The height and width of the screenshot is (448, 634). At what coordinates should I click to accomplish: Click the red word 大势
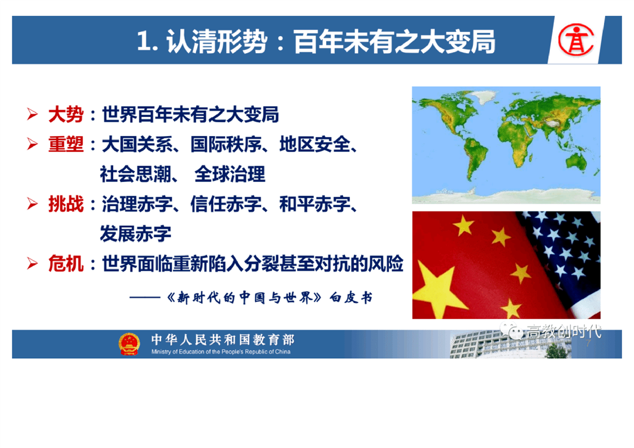click(x=66, y=115)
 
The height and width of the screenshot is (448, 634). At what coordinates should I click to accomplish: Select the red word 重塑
click(x=66, y=145)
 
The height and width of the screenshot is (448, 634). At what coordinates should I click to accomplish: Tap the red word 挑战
click(x=66, y=204)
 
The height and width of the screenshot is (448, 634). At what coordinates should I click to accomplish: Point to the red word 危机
click(x=66, y=264)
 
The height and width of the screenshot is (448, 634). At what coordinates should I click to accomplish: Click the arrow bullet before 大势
click(x=32, y=115)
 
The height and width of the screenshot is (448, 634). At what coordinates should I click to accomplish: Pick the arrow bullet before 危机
click(x=32, y=264)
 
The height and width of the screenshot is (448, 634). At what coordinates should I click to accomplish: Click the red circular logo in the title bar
click(x=576, y=40)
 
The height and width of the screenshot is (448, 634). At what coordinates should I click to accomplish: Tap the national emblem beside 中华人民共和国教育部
click(x=129, y=344)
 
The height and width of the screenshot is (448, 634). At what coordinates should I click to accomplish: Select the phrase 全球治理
click(x=229, y=174)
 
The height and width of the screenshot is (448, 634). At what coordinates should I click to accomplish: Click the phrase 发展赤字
click(x=136, y=234)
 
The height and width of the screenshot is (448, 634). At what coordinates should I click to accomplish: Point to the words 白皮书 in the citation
click(x=351, y=298)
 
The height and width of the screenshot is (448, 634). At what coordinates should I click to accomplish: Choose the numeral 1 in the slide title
click(x=143, y=42)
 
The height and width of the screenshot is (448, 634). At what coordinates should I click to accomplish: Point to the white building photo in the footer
click(x=510, y=344)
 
